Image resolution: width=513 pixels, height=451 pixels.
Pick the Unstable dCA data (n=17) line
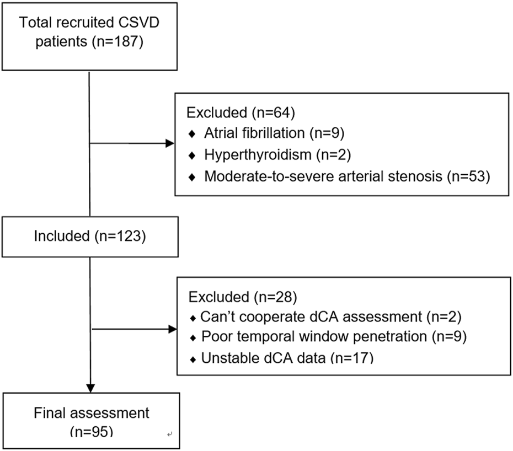pos(281,357)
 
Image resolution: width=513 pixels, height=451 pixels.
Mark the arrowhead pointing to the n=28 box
pos(170,330)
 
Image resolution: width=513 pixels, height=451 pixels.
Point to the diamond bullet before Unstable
pos(192,358)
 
